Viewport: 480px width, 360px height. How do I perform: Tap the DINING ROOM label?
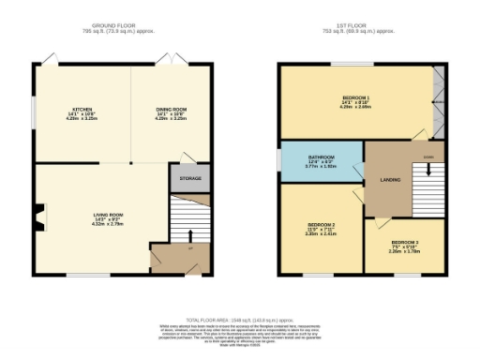(171, 109)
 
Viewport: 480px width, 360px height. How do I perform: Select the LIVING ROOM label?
(104, 215)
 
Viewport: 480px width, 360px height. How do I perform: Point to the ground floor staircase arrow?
(187, 235)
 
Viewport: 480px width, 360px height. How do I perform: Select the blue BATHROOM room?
(320, 165)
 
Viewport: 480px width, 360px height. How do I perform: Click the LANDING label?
(390, 179)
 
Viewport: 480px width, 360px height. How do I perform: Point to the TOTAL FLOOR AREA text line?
(239, 319)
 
